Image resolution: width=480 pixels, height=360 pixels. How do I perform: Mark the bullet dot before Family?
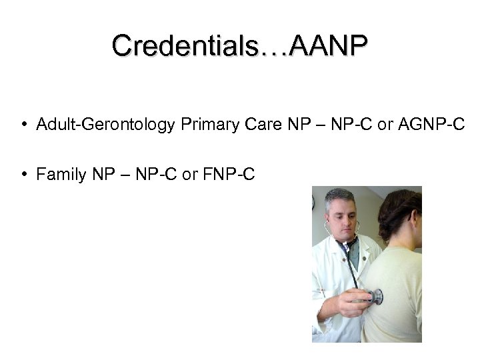tap(23, 175)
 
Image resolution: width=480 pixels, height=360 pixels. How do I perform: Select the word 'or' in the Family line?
tap(189, 175)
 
